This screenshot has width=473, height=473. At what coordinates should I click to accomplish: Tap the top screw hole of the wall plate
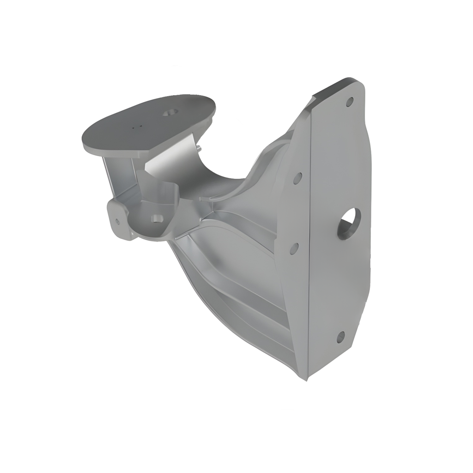pyautogui.click(x=350, y=102)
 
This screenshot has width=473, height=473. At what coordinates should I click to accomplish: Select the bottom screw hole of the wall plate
pyautogui.click(x=340, y=337)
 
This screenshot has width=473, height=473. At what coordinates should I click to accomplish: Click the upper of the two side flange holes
pyautogui.click(x=298, y=178)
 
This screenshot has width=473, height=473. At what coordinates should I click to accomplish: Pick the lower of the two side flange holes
pyautogui.click(x=294, y=248)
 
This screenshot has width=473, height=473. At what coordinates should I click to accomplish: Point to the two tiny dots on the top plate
pyautogui.click(x=135, y=126)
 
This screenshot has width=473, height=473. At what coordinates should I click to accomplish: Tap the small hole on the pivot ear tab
pyautogui.click(x=117, y=222)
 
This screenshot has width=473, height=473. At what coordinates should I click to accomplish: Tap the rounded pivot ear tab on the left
pyautogui.click(x=118, y=219)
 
